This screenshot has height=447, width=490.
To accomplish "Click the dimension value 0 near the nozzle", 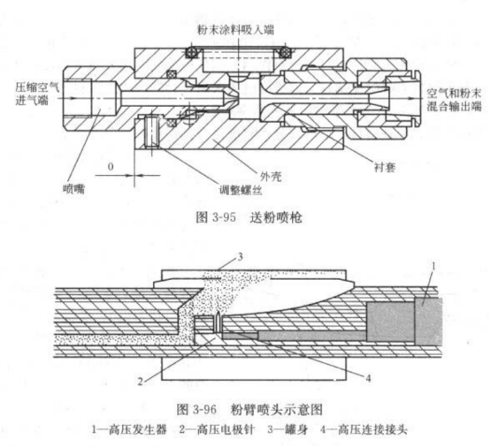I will click(x=111, y=165).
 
